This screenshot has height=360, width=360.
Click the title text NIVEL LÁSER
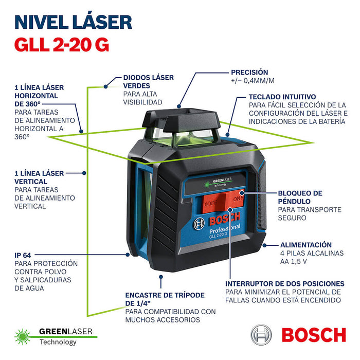pos(73,22)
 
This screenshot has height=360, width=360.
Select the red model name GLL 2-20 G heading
pos(61,45)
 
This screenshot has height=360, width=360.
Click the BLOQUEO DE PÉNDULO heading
pos(300,197)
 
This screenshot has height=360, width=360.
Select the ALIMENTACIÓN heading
pos(305,245)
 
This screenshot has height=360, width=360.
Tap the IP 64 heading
pos(27,255)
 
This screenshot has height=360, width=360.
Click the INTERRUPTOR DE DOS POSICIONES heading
pos(284,283)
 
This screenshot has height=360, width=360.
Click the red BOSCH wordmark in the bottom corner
pos(314,335)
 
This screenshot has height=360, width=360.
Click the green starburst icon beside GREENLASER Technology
pos(24,335)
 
